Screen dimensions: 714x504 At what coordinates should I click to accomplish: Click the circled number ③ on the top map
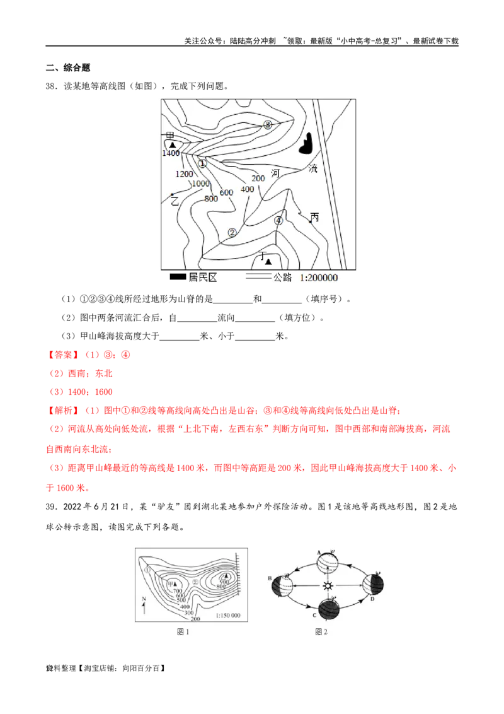click(x=268, y=125)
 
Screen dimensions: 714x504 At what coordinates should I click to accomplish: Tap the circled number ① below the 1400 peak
click(x=202, y=163)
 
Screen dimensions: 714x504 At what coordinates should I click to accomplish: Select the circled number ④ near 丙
click(x=278, y=221)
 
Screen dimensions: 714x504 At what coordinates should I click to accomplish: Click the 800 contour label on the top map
click(x=211, y=199)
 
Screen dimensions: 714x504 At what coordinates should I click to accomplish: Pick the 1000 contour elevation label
click(x=200, y=184)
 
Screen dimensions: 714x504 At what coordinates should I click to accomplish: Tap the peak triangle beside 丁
click(x=268, y=260)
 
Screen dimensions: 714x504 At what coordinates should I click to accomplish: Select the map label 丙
click(x=314, y=218)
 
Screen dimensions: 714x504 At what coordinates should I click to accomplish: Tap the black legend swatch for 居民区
click(x=178, y=277)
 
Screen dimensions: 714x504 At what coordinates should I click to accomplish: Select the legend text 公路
click(x=283, y=278)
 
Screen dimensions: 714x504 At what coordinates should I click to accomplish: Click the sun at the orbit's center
click(x=327, y=587)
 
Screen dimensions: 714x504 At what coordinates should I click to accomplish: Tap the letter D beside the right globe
click(x=372, y=599)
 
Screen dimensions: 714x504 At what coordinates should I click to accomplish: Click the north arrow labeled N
click(x=145, y=607)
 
